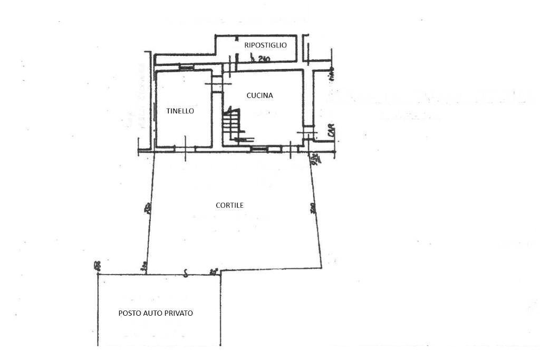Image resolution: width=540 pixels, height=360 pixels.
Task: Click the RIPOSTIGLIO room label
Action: coord(265,45)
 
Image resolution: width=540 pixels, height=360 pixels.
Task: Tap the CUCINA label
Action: coord(259,95)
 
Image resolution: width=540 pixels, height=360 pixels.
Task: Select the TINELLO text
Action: coord(180,111)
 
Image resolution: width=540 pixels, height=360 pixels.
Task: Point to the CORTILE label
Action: coord(229,205)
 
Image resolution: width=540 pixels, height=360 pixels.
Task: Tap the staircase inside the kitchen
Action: coord(231,125)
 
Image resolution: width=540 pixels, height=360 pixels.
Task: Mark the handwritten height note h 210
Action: coord(261,60)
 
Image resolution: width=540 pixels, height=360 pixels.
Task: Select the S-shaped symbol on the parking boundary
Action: coord(185,273)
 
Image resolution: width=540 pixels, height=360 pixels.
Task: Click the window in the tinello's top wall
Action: coord(186,67)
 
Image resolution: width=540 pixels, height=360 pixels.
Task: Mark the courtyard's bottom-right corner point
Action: coord(321,266)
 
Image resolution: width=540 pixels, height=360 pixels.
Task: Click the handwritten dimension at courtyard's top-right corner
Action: coord(314,158)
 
